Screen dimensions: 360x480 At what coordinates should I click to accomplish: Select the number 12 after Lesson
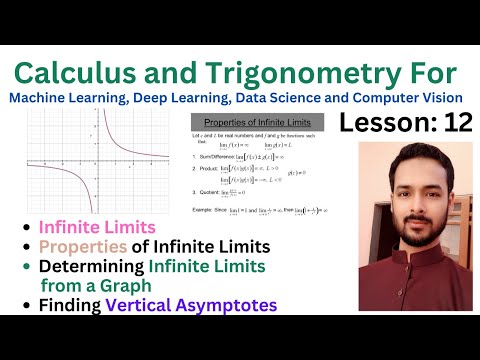click(x=451, y=123)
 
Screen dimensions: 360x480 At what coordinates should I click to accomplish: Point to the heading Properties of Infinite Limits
click(x=253, y=119)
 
